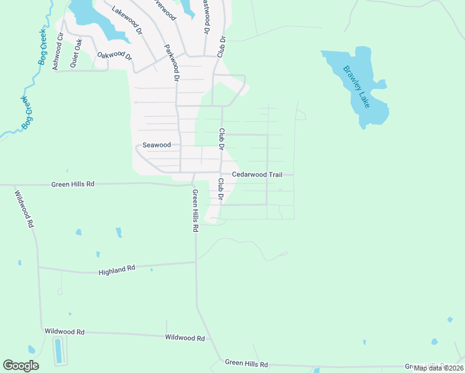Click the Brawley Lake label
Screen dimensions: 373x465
coord(357,86)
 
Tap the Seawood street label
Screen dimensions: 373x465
coord(157,145)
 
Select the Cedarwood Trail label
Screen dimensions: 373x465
coord(257,175)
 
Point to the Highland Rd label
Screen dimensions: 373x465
coord(117,271)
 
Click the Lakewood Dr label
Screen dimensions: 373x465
coord(127,19)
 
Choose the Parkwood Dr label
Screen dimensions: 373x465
coord(172,63)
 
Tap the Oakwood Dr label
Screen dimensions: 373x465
coord(115,55)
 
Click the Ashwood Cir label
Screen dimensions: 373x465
coord(58,51)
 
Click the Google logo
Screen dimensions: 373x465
coord(21,366)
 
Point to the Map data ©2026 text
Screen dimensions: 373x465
coord(439,367)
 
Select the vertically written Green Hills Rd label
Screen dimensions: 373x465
coord(195,211)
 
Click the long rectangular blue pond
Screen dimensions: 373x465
coord(58,351)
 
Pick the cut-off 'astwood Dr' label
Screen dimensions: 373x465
coord(205,16)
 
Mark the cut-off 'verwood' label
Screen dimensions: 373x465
coord(163,8)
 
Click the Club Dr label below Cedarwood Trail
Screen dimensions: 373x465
coord(221,189)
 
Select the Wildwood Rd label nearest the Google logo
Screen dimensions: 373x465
coord(64,332)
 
